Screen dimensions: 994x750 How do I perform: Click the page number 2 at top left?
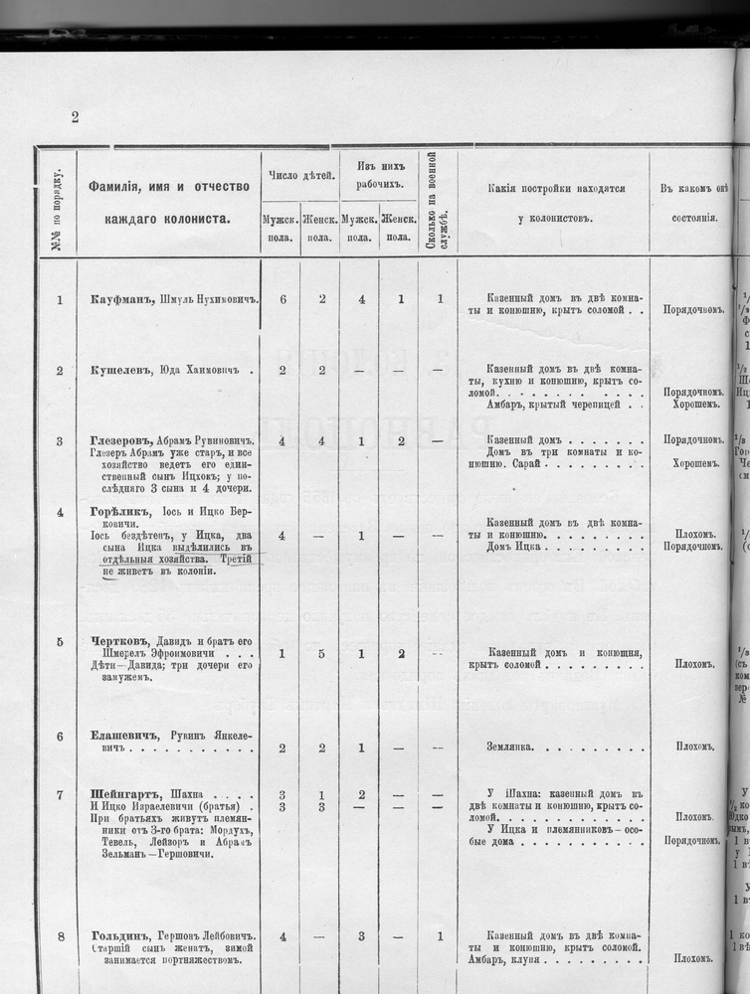coord(75,117)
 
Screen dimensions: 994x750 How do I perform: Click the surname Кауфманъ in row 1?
coord(117,299)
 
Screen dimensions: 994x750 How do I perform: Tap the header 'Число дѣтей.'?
coord(299,176)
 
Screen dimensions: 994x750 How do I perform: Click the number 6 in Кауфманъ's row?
coord(282,299)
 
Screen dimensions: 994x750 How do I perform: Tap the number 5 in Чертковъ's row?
coord(321,654)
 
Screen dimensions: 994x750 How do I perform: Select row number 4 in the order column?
coord(60,513)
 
